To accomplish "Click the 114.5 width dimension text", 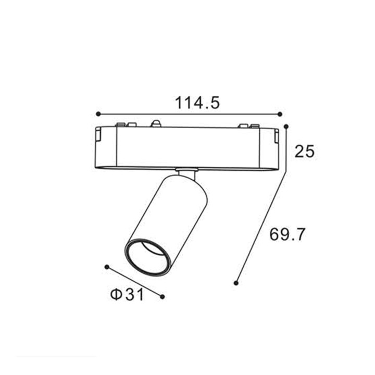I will (x=197, y=103).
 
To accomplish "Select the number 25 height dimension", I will (x=304, y=152).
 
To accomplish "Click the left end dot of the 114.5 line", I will (x=97, y=114).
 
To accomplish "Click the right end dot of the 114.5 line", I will (x=280, y=114).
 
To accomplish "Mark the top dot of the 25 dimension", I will (x=286, y=126).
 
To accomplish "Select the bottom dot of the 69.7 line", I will (x=236, y=283).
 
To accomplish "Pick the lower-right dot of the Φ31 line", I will (x=162, y=296).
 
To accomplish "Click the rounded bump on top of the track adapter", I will (x=155, y=124).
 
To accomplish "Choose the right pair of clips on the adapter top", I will (x=248, y=126).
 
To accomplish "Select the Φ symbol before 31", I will (x=116, y=295).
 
